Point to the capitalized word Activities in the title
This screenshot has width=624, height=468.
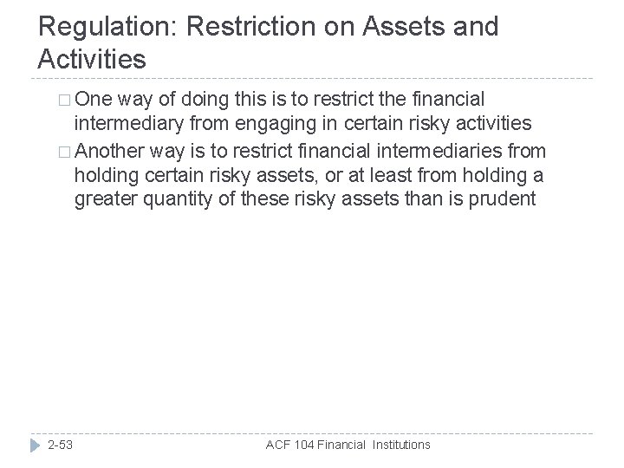click(93, 59)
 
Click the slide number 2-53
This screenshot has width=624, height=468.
click(61, 445)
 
